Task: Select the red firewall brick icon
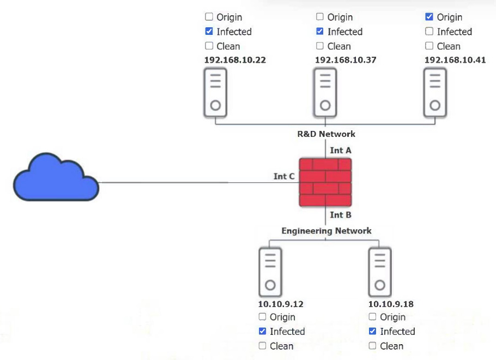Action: pyautogui.click(x=325, y=182)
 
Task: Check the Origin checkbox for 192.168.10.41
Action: pyautogui.click(x=429, y=17)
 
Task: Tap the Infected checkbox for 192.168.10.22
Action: pyautogui.click(x=209, y=32)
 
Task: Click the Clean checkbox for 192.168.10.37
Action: pyautogui.click(x=320, y=46)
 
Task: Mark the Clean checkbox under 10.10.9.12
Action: pyautogui.click(x=262, y=346)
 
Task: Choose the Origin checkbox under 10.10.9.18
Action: pyautogui.click(x=372, y=317)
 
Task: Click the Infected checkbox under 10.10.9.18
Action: pyautogui.click(x=372, y=331)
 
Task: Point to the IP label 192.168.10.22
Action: pyautogui.click(x=235, y=60)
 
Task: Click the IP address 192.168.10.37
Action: pyautogui.click(x=346, y=60)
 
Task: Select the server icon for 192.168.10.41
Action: pyautogui.click(x=435, y=93)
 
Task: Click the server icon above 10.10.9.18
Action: pyautogui.click(x=380, y=272)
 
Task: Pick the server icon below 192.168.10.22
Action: pyautogui.click(x=215, y=93)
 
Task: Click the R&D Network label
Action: pyautogui.click(x=326, y=134)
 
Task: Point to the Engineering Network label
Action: pyautogui.click(x=326, y=231)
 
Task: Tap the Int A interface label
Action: pyautogui.click(x=341, y=150)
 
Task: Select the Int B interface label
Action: pyautogui.click(x=341, y=215)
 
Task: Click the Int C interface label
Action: pyautogui.click(x=284, y=176)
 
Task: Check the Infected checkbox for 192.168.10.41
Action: pyautogui.click(x=429, y=32)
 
